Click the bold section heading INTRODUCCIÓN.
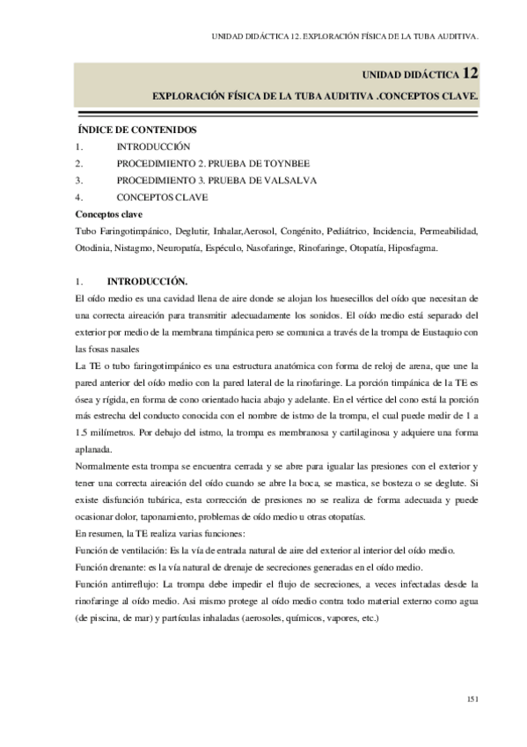click(x=147, y=281)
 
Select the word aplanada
click(x=96, y=448)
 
